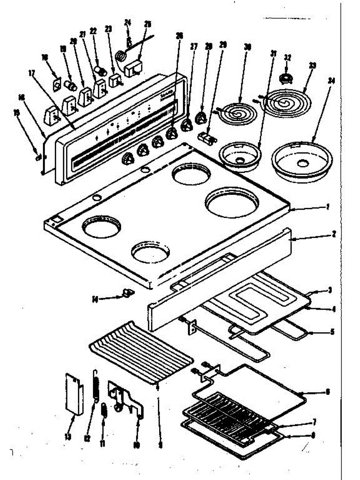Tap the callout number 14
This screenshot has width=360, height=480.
95,298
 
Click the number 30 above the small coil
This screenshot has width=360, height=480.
248,47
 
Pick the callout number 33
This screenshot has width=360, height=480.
312,65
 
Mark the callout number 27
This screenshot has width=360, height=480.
194,46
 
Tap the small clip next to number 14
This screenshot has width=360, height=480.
127,294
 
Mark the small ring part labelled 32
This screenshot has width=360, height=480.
286,78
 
